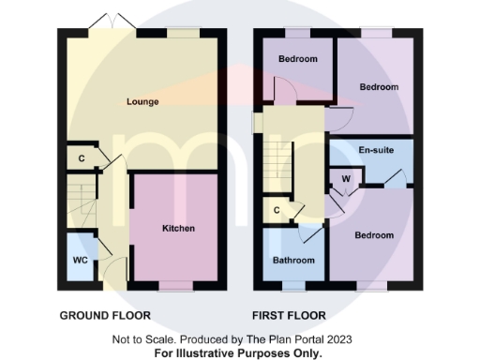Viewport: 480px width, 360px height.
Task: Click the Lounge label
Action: pos(143,101)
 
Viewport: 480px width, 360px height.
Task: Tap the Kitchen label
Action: pos(178,228)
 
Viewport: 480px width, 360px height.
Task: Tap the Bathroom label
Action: pos(292,260)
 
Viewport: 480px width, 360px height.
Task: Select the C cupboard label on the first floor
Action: pos(277,211)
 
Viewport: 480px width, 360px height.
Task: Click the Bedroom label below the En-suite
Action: pos(373,235)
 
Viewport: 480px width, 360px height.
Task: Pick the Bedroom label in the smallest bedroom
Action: pos(297,59)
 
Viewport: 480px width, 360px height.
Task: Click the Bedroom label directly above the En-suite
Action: pos(379,87)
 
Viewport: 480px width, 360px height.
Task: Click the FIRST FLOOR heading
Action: pos(289,316)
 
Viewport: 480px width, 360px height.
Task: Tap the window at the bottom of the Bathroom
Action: pos(292,282)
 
